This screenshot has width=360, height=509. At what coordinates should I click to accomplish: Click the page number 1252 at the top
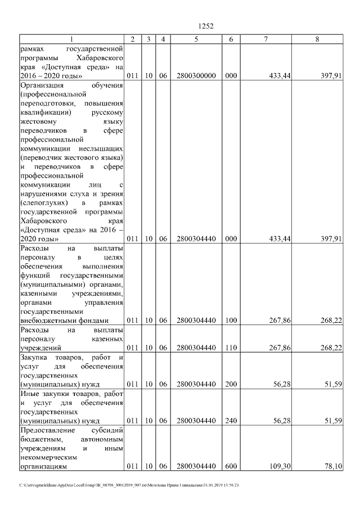coord(206,26)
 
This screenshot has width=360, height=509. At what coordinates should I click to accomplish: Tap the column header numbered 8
coord(318,39)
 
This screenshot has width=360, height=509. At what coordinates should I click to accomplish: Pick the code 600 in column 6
coord(231,466)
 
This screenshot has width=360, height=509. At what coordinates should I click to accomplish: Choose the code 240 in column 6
coord(231,420)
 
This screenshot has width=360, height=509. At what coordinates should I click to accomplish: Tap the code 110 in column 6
coord(231,348)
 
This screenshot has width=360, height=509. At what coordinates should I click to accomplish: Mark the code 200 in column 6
coord(231,385)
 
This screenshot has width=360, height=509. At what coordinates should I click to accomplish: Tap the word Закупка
coord(35,357)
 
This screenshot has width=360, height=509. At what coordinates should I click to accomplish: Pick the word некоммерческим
coord(48,457)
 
